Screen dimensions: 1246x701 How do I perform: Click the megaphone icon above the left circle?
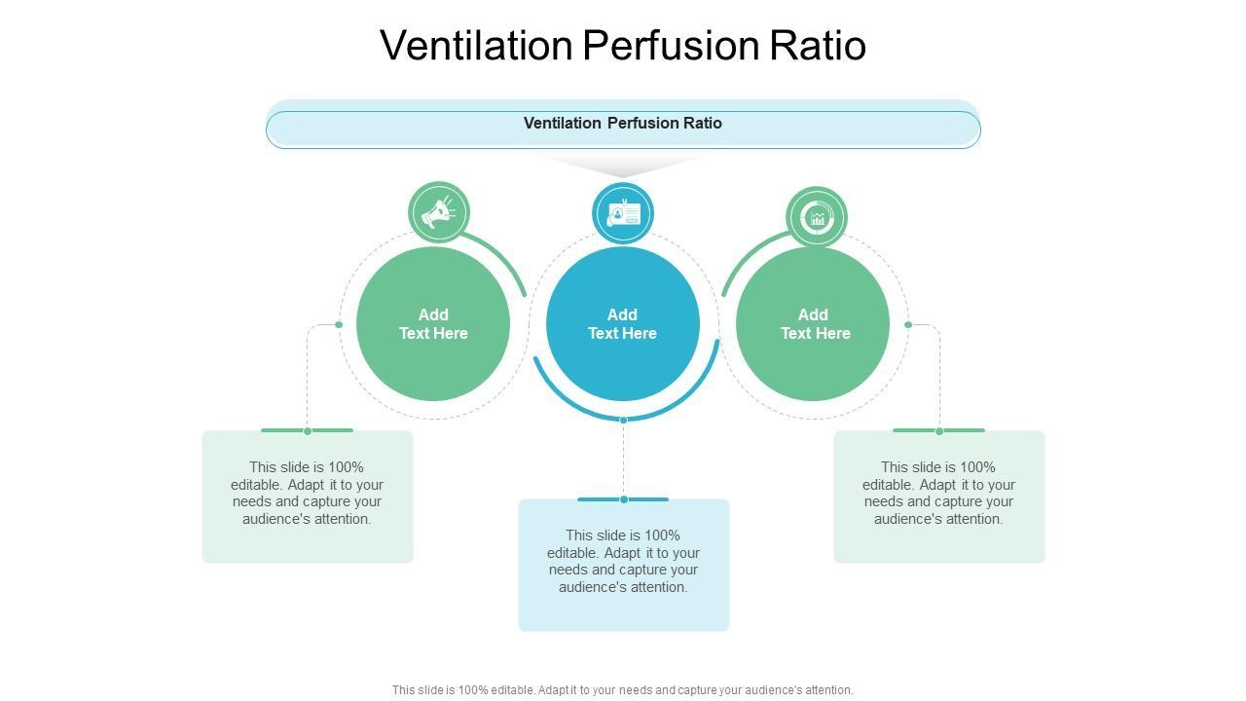[438, 212]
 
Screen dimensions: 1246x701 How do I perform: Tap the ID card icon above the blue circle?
[623, 213]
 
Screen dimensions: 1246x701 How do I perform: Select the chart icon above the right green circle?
[817, 216]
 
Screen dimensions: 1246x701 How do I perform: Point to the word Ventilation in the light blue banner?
[563, 124]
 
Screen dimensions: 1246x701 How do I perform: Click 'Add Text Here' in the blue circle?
[623, 324]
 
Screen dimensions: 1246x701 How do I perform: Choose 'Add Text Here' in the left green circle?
[433, 324]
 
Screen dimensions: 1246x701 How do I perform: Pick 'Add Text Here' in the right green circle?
[814, 324]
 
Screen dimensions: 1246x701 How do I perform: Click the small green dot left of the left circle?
[339, 324]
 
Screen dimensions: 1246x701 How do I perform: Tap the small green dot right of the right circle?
[908, 324]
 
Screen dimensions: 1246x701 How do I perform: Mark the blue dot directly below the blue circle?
[623, 420]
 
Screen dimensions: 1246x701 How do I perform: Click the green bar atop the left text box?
[307, 430]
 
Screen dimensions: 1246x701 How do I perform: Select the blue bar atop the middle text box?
[623, 499]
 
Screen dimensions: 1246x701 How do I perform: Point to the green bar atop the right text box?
[938, 430]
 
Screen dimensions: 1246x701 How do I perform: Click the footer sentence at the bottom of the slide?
[623, 690]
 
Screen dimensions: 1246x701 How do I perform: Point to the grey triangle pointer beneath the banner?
[623, 166]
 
